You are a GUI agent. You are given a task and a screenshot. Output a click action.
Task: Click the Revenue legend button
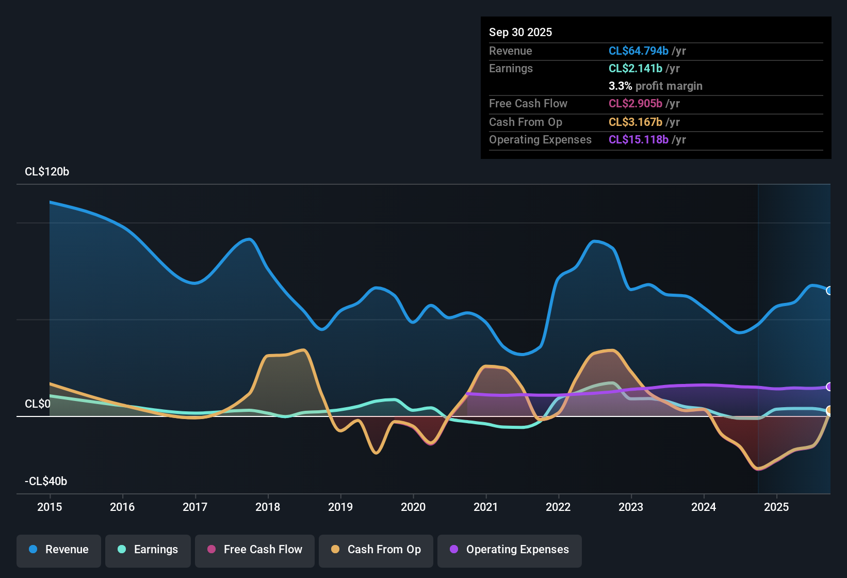pos(59,550)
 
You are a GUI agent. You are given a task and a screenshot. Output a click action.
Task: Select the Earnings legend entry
pos(148,550)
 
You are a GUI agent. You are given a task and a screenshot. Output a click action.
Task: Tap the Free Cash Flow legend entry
pos(255,550)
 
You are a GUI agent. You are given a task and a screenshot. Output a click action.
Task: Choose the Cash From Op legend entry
pos(376,550)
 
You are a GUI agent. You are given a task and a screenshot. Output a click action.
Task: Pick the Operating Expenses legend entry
pos(510,550)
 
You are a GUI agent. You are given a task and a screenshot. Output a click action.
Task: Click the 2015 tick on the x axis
pos(50,507)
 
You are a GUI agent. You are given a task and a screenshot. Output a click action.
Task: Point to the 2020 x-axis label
pos(413,507)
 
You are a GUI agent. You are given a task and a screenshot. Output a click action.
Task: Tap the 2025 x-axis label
pos(776,507)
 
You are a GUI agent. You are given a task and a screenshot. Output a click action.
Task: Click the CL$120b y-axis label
pos(47,172)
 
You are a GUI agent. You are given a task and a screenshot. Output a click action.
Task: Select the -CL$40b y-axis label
pos(46,481)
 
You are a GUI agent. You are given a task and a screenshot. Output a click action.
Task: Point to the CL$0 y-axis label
pos(38,404)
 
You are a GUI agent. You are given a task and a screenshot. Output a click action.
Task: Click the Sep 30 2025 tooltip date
pos(520,33)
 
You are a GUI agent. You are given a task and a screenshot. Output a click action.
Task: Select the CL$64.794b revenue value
pos(639,51)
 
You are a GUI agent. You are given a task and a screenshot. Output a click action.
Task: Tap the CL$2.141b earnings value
pos(636,69)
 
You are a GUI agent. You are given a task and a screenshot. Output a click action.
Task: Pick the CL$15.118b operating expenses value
pos(639,140)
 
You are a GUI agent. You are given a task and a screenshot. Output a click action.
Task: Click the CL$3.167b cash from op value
pos(636,122)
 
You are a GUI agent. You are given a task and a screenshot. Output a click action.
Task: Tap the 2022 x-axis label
pos(558,507)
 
